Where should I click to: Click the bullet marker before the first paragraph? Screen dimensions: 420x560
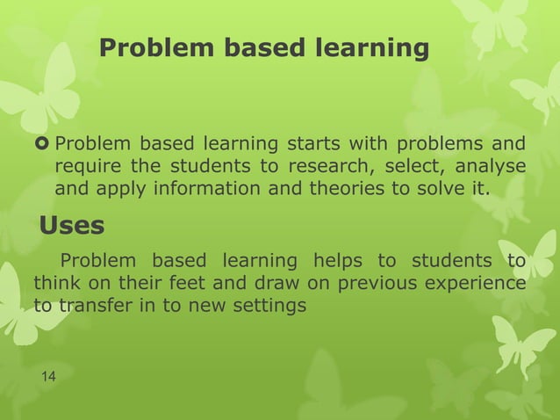(x=42, y=144)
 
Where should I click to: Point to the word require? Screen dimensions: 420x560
(x=84, y=166)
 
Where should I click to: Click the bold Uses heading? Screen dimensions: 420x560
(x=72, y=226)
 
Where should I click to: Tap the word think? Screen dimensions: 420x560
(x=54, y=284)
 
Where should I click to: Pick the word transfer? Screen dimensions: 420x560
(x=90, y=307)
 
